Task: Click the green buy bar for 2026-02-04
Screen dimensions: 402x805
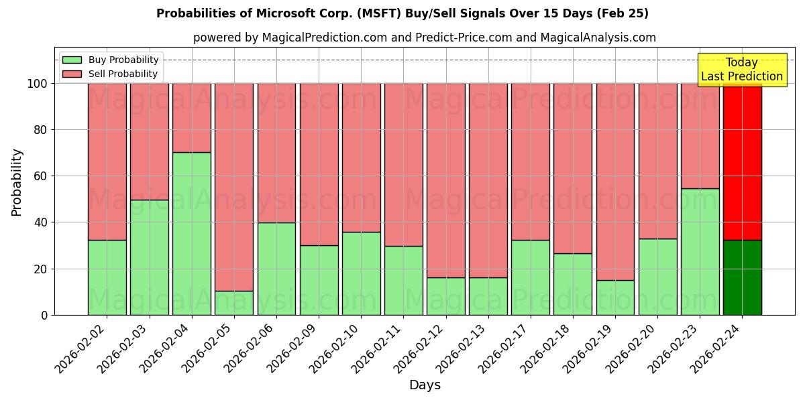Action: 192,233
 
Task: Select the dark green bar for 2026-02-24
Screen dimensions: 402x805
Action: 742,277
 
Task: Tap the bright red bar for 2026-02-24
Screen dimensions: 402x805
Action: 742,161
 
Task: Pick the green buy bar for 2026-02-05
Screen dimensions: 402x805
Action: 234,303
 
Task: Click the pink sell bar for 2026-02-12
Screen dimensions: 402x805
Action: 446,180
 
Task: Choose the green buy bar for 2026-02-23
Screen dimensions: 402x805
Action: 700,251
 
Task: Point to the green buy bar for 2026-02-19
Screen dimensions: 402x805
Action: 615,297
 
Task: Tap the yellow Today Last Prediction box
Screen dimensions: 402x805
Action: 741,70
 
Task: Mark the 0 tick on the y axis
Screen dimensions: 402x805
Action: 44,315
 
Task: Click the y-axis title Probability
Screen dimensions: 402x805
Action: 17,182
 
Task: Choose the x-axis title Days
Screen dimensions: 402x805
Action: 425,385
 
